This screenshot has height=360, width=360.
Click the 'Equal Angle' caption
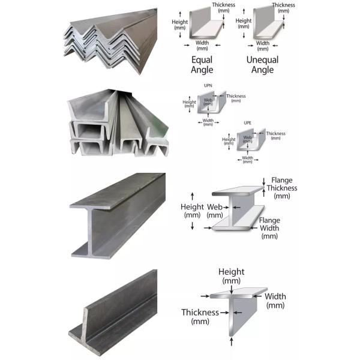(x=202, y=65)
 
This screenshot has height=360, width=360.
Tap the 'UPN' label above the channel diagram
(x=208, y=86)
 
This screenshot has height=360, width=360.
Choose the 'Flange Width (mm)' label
(x=269, y=228)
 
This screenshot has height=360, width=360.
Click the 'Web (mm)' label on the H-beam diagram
(x=214, y=211)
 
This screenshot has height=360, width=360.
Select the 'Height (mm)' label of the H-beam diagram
(x=192, y=211)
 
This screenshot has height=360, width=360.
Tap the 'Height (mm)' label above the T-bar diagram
(x=231, y=276)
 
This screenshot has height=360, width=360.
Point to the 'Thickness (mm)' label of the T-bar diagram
(x=199, y=316)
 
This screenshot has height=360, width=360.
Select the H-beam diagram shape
(x=237, y=210)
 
